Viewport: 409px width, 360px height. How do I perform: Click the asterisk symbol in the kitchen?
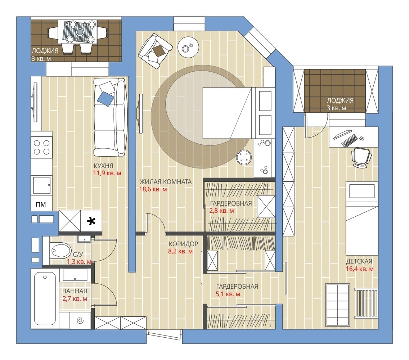(x=91, y=221)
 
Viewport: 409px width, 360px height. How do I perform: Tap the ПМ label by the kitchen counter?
(x=41, y=204)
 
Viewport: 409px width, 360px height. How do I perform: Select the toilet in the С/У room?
(x=60, y=250)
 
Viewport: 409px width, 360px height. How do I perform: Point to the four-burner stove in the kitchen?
(x=42, y=147)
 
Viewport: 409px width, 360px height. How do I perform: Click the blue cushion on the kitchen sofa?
(x=105, y=99)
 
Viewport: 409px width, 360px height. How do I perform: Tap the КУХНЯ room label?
(x=103, y=166)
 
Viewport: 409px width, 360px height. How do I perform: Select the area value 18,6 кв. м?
(x=153, y=189)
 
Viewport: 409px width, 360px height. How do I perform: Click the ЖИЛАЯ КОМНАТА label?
(x=165, y=181)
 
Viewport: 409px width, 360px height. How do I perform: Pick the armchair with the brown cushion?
(x=155, y=51)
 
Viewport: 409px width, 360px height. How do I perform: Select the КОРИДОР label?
(x=183, y=244)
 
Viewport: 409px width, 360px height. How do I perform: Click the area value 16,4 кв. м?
(x=360, y=269)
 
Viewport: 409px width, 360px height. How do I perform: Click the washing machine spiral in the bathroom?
(x=80, y=321)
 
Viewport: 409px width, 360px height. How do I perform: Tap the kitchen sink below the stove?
(x=42, y=185)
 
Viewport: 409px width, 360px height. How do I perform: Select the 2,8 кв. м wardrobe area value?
(x=221, y=211)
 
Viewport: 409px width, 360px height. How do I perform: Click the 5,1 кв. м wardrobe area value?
(x=228, y=294)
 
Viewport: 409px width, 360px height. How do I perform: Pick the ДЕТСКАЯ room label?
(x=359, y=261)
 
